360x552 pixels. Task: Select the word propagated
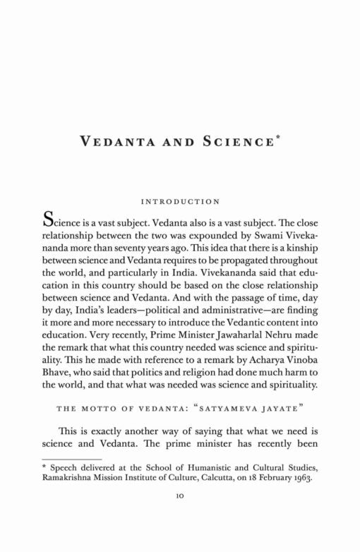coord(240,260)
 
